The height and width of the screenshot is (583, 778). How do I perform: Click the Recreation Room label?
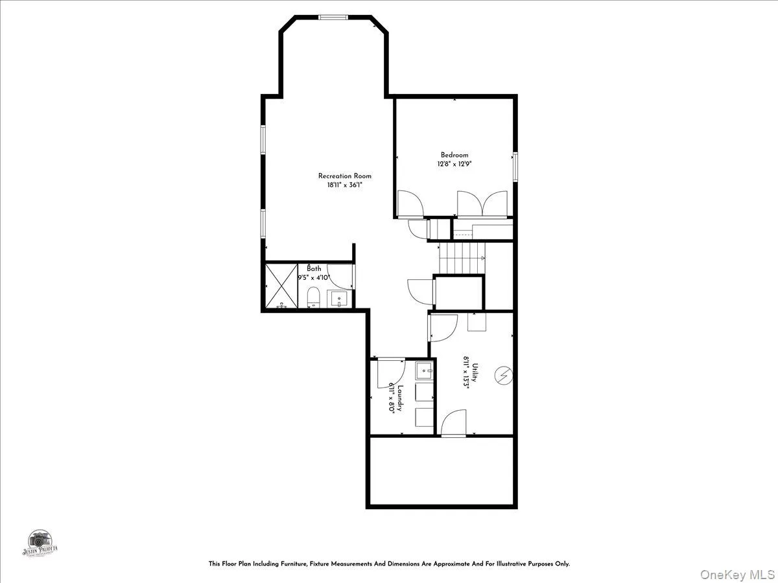(344, 176)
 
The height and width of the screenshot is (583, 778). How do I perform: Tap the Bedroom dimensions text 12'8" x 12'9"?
(454, 164)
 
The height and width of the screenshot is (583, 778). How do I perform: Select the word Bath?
(314, 269)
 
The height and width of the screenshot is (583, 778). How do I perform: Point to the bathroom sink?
(339, 299)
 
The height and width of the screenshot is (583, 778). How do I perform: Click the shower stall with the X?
(281, 286)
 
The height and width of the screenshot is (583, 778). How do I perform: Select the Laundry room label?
(401, 398)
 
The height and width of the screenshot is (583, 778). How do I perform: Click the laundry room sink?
(424, 371)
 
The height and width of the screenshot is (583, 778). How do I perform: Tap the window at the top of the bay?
(333, 17)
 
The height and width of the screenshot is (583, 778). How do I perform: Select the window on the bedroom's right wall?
(515, 166)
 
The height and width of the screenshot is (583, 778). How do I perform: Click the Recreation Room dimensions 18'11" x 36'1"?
(344, 185)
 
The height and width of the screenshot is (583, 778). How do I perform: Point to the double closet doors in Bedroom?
(482, 203)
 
